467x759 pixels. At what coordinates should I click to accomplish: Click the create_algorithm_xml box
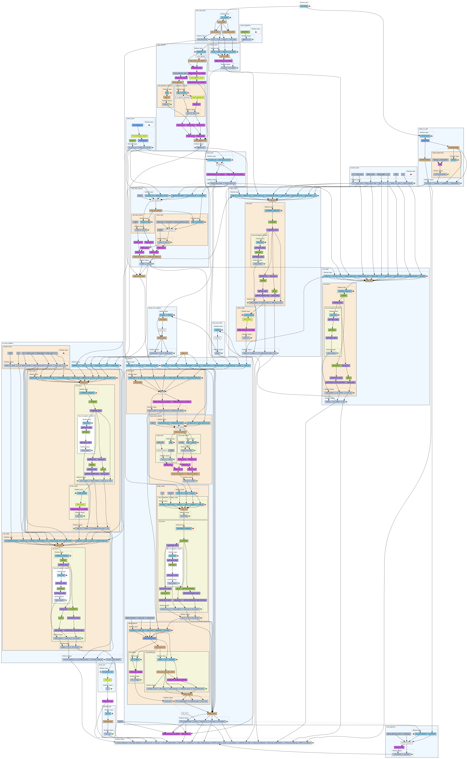(200, 140)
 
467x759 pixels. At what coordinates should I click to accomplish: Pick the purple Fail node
(440, 164)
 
